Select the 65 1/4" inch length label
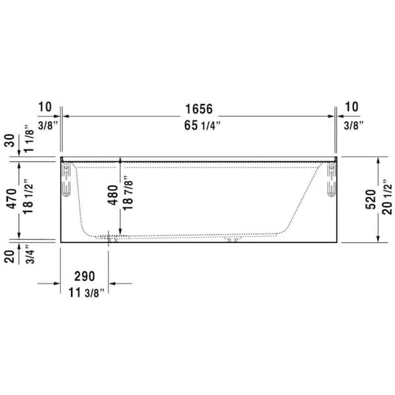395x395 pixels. tap(198, 125)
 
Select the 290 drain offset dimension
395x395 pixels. tap(84, 276)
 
